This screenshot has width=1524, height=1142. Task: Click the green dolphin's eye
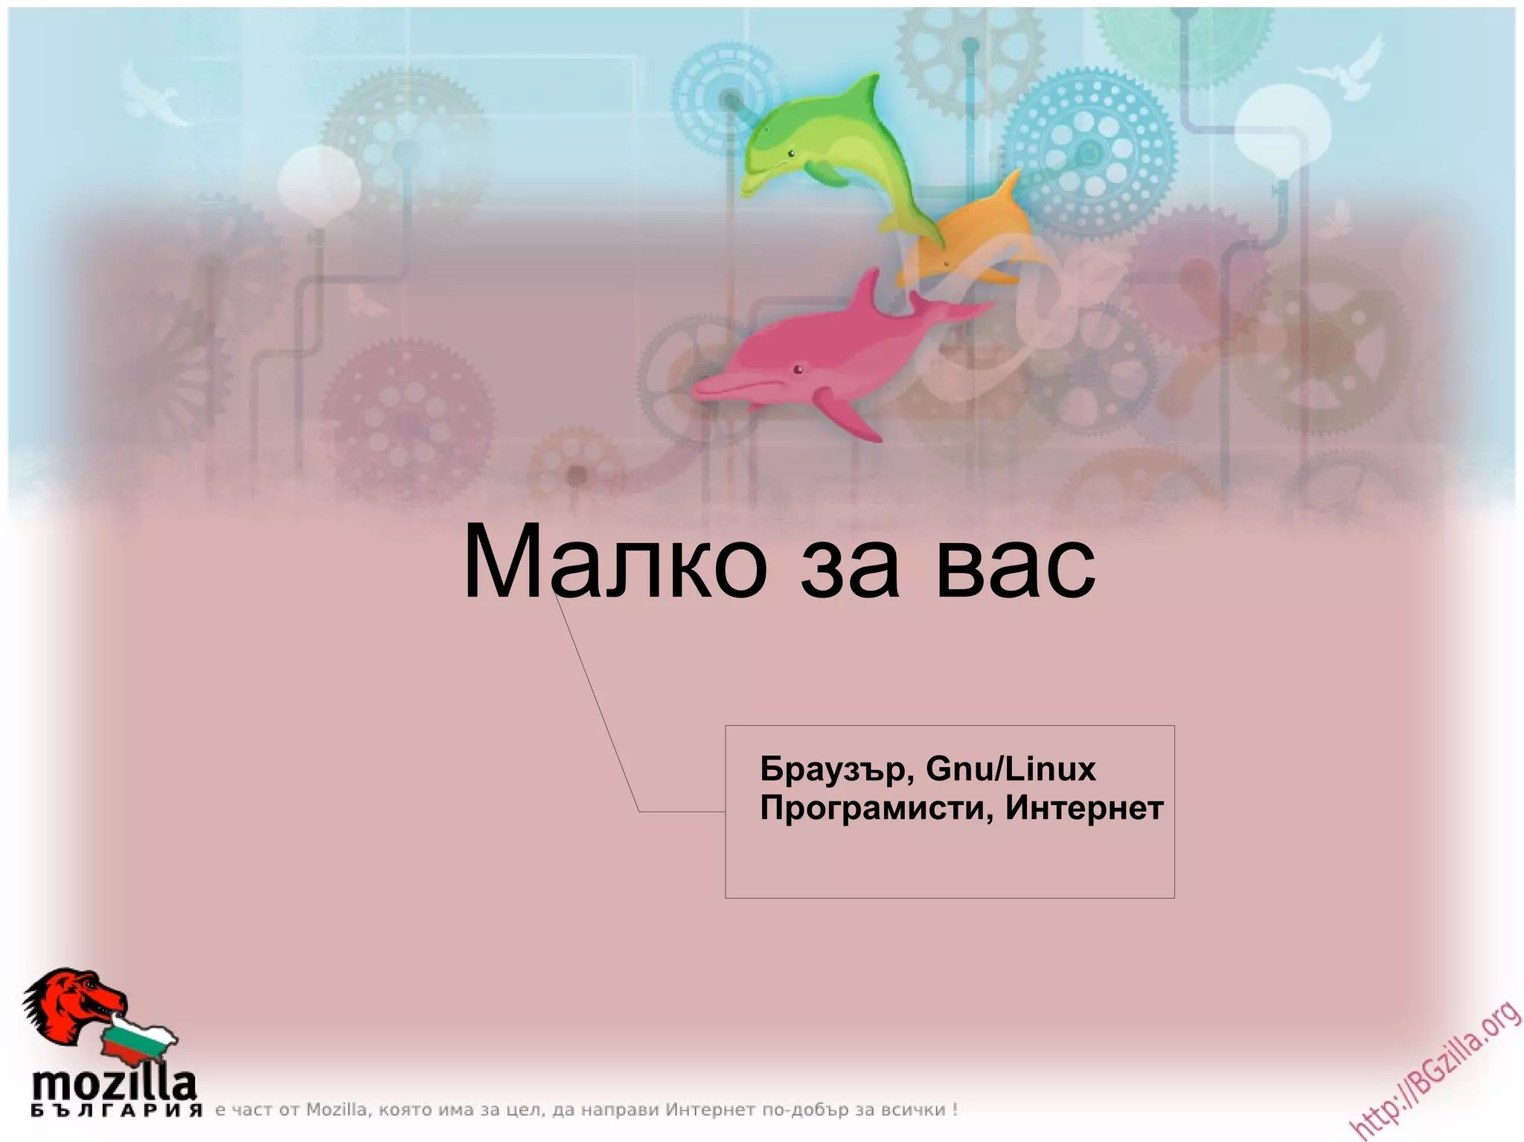791,155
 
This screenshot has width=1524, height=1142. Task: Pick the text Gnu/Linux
1011,769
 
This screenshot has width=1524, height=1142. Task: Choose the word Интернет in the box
1084,808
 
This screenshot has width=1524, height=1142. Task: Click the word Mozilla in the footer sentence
336,1110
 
